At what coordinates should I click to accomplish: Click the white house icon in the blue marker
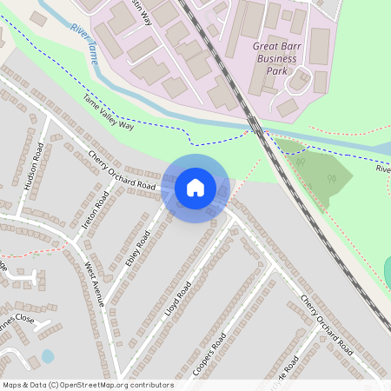pos(195,188)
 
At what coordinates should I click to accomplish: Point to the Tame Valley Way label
pos(109,114)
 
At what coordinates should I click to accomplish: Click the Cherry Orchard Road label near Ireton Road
pos(122,169)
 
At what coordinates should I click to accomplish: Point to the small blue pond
pos(47,356)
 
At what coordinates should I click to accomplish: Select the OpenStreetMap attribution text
pos(88,385)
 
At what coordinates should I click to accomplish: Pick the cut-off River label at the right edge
pos(383,169)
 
